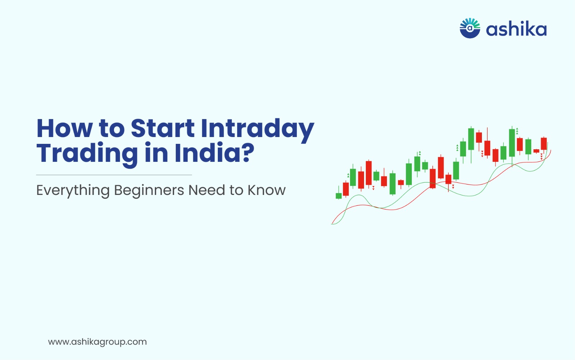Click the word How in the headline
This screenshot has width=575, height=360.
tap(65, 128)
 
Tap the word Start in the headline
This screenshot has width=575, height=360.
tap(162, 128)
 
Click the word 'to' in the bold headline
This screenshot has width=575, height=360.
tap(112, 129)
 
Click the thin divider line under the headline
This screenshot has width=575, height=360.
tap(114, 175)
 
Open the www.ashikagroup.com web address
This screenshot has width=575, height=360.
tap(97, 342)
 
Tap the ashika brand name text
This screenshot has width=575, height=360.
tap(516, 29)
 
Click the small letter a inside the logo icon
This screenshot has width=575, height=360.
tap(470, 28)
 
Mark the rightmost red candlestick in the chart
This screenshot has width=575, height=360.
tap(544, 144)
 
